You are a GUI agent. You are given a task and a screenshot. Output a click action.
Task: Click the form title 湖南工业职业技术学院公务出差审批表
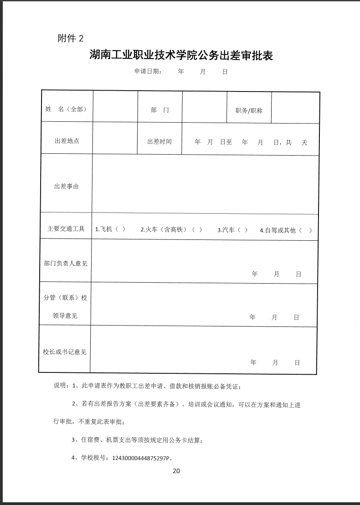pos(181,56)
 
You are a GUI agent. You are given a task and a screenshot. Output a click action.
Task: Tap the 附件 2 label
pos(71,38)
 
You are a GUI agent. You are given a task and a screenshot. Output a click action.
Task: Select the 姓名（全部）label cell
pos(66,110)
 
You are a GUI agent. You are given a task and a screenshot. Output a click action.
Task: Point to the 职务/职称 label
pos(249,110)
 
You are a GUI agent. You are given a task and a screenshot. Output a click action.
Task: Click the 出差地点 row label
pos(67,141)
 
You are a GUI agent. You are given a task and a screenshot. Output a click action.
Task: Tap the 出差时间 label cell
pos(159,141)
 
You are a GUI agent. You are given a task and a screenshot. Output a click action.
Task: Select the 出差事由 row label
pos(66,186)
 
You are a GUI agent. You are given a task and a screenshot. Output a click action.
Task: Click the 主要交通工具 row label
pos(66,229)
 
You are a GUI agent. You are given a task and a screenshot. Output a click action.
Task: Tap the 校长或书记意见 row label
pos(65,352)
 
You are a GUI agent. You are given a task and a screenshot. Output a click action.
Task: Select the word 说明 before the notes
pos(60,386)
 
